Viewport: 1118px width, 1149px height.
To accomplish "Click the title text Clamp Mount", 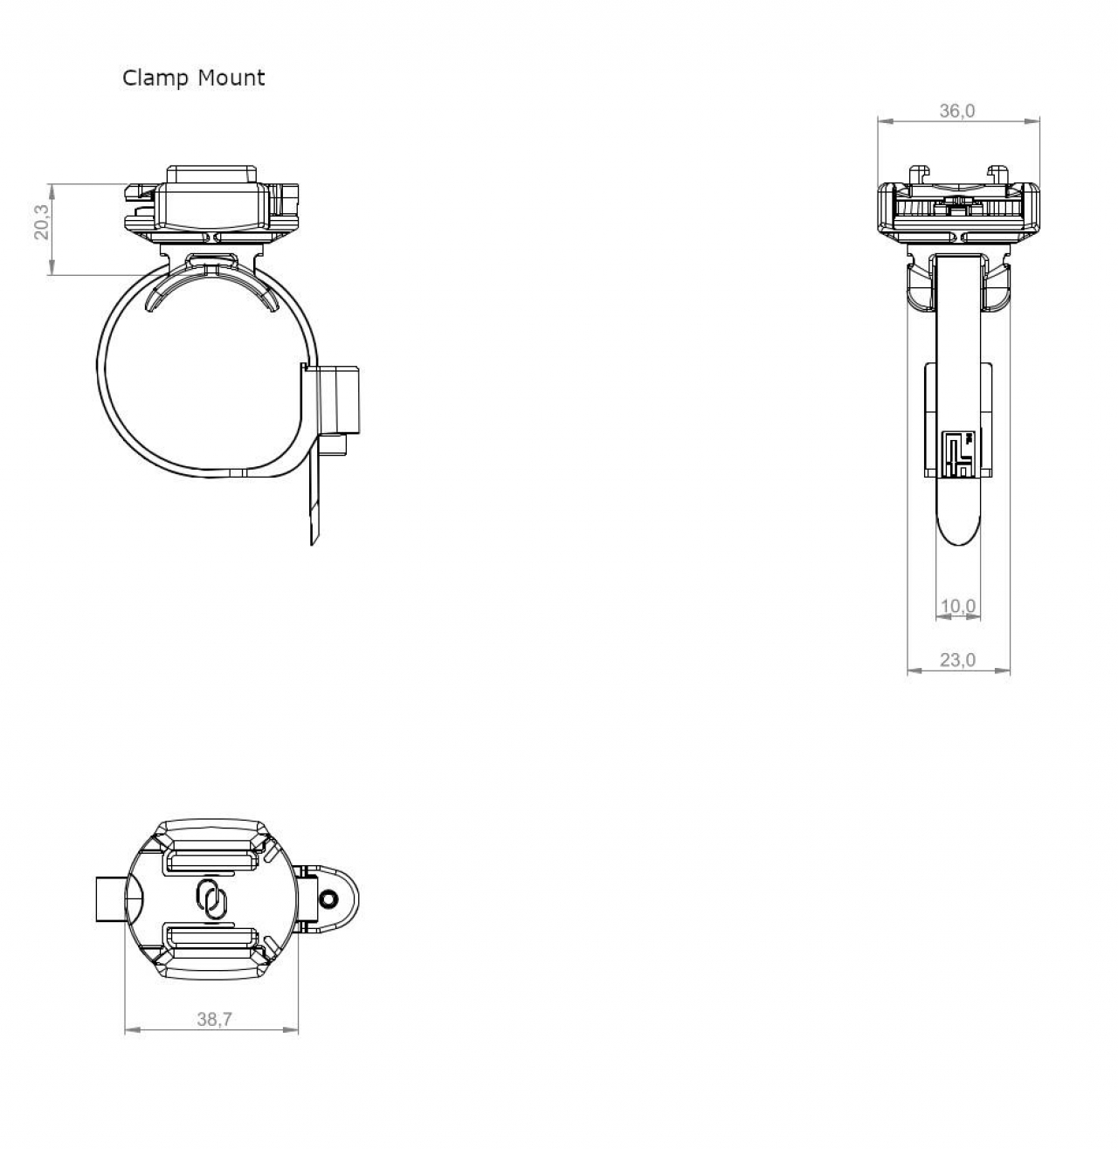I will (193, 78).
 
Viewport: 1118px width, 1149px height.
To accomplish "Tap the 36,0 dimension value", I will (957, 111).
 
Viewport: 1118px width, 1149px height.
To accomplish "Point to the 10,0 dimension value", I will (957, 606).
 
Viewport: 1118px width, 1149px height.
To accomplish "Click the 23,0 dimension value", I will (957, 660).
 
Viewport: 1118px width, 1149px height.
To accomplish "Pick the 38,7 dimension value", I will (214, 1019).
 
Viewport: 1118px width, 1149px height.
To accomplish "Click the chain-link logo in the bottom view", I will (210, 898).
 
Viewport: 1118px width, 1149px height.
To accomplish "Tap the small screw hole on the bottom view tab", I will (329, 899).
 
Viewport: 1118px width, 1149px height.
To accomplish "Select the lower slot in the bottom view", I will (210, 939).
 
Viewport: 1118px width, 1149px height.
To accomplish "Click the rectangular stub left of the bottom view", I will (109, 899).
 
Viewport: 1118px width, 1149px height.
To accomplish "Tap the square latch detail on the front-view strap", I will (958, 452).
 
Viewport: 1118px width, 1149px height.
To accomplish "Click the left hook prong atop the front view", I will (918, 173).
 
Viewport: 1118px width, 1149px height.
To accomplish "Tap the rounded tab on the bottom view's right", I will (336, 899).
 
